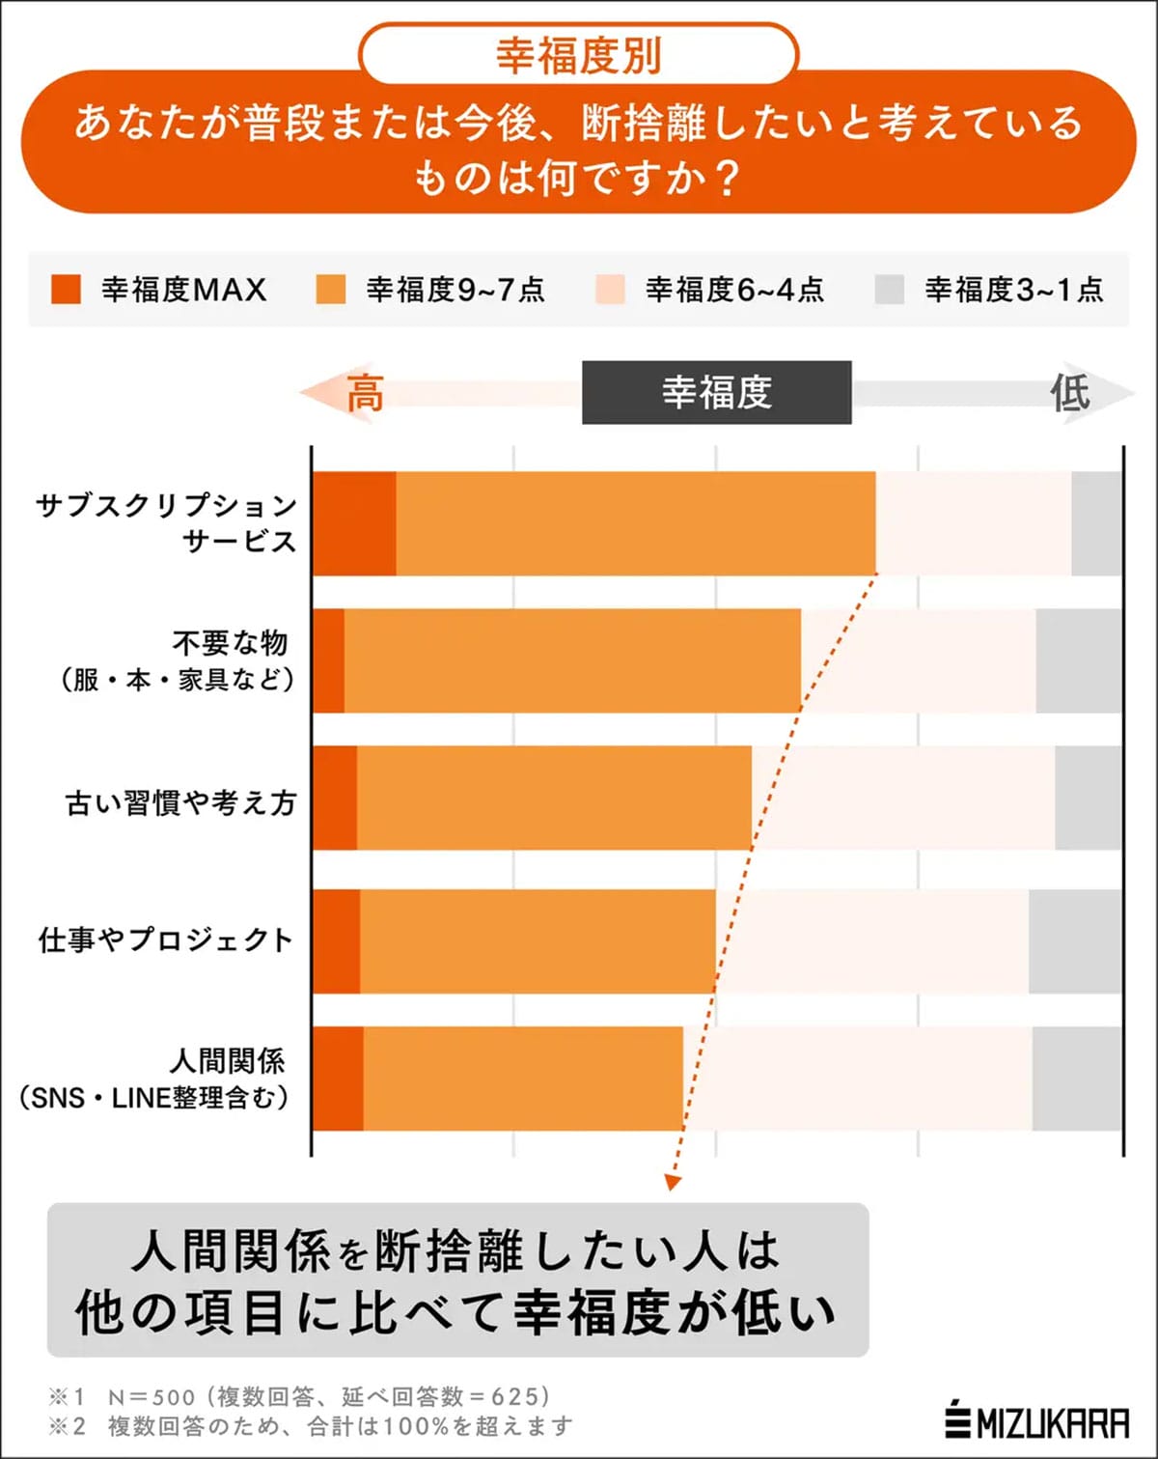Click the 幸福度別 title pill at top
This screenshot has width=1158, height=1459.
pyautogui.click(x=578, y=55)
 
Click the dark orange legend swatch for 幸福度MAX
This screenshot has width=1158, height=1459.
pyautogui.click(x=66, y=289)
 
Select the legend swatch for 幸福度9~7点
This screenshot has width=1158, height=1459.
pyautogui.click(x=331, y=289)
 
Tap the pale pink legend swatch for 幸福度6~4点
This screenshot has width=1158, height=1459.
pyautogui.click(x=610, y=289)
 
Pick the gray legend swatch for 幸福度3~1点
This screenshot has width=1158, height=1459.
pyautogui.click(x=889, y=289)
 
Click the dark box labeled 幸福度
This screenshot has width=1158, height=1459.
pyautogui.click(x=716, y=392)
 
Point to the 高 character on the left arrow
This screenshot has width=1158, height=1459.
pyautogui.click(x=365, y=393)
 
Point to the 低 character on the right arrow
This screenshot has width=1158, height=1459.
pyautogui.click(x=1069, y=392)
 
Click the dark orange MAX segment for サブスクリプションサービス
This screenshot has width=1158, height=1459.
pyautogui.click(x=354, y=523)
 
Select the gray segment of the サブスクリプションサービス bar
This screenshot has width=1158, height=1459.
pyautogui.click(x=1096, y=523)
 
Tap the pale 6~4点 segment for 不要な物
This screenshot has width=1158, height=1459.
pyautogui.click(x=918, y=660)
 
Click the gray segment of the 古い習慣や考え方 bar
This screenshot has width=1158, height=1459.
pyautogui.click(x=1088, y=798)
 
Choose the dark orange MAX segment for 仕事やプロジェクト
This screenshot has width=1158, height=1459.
pyautogui.click(x=337, y=941)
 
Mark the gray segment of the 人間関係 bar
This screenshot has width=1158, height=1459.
pyautogui.click(x=1076, y=1079)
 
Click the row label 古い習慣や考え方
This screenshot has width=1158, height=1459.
pyautogui.click(x=180, y=802)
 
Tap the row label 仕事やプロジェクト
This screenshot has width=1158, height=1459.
pyautogui.click(x=165, y=940)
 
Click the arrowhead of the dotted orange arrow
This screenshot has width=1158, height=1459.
pyautogui.click(x=673, y=1181)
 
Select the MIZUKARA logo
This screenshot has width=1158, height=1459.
pyautogui.click(x=1036, y=1421)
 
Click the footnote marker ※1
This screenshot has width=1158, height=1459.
pyautogui.click(x=67, y=1396)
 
